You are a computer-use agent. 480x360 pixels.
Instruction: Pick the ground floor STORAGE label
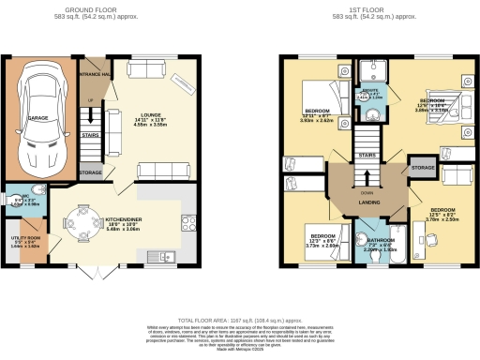tap(90, 173)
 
